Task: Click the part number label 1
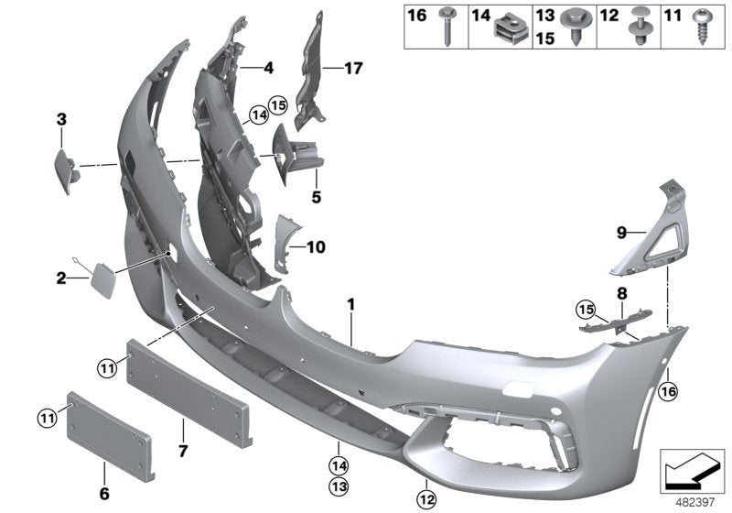click(x=350, y=302)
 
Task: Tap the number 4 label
click(x=268, y=67)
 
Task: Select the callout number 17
click(x=354, y=67)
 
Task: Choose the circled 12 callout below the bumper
click(x=426, y=499)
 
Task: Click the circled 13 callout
click(x=338, y=484)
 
